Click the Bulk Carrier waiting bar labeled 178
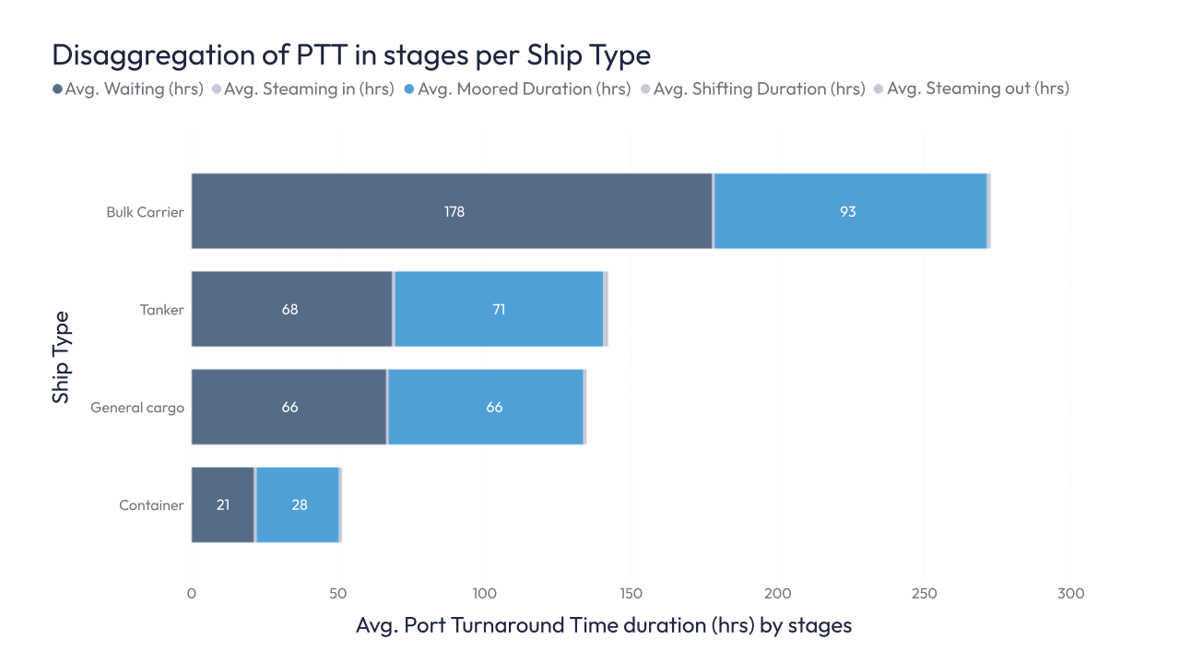pyautogui.click(x=452, y=211)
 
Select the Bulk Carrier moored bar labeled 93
pyautogui.click(x=849, y=211)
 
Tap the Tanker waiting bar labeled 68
pyautogui.click(x=291, y=309)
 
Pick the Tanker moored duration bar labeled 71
pyautogui.click(x=499, y=309)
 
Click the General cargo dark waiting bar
pyautogui.click(x=289, y=407)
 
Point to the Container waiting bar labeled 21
pyautogui.click(x=222, y=504)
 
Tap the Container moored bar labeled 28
pyautogui.click(x=298, y=504)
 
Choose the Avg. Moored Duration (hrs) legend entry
pyautogui.click(x=517, y=89)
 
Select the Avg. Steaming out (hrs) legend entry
pyautogui.click(x=971, y=89)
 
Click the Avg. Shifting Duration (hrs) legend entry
pyautogui.click(x=752, y=89)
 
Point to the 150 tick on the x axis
pyautogui.click(x=631, y=594)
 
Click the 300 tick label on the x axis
pyautogui.click(x=1070, y=594)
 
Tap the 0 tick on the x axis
pyautogui.click(x=192, y=594)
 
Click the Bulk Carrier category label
pyautogui.click(x=145, y=212)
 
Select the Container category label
pyautogui.click(x=151, y=505)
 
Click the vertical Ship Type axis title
pyautogui.click(x=61, y=357)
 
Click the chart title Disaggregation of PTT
pyautogui.click(x=351, y=55)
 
